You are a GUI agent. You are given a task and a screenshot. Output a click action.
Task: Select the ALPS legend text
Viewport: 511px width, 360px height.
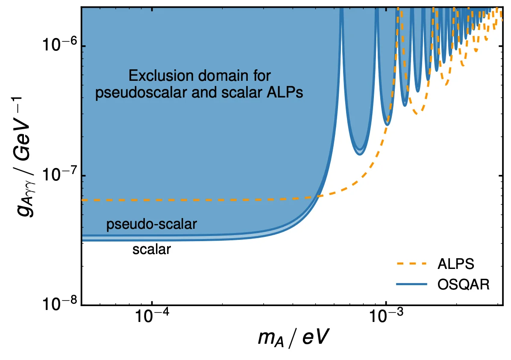(455, 264)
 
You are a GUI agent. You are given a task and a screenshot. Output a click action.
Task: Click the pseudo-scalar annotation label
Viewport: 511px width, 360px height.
(152, 224)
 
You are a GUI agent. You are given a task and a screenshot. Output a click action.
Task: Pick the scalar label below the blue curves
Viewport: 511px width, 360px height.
(152, 249)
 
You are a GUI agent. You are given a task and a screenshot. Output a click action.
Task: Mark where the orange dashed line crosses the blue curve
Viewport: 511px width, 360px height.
(317, 196)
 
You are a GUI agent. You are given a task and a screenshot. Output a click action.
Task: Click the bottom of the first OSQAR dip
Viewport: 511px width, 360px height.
(360, 154)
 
